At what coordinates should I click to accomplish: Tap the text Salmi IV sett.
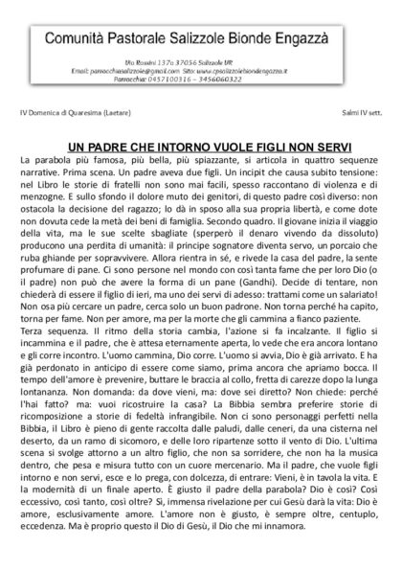click(x=360, y=114)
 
